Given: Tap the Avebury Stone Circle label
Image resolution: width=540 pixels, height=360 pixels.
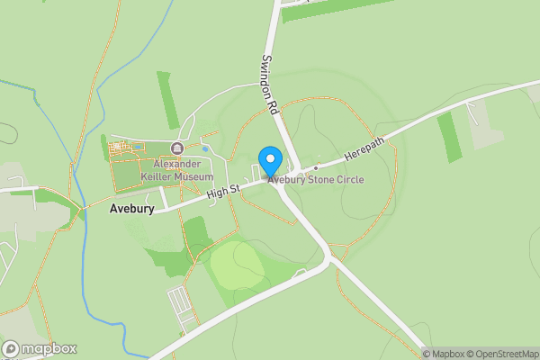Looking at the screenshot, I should pos(315,179).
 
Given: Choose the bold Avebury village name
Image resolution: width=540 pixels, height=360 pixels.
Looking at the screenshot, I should pos(131,209).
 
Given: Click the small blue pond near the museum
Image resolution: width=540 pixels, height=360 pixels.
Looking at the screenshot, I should pos(205,148).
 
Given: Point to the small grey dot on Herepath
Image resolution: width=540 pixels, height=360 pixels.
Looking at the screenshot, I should pos(316,167).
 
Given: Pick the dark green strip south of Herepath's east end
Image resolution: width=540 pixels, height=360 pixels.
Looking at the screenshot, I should pos(449,138).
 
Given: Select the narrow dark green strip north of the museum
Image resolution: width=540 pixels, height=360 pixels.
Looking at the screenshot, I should pos(167,99).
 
